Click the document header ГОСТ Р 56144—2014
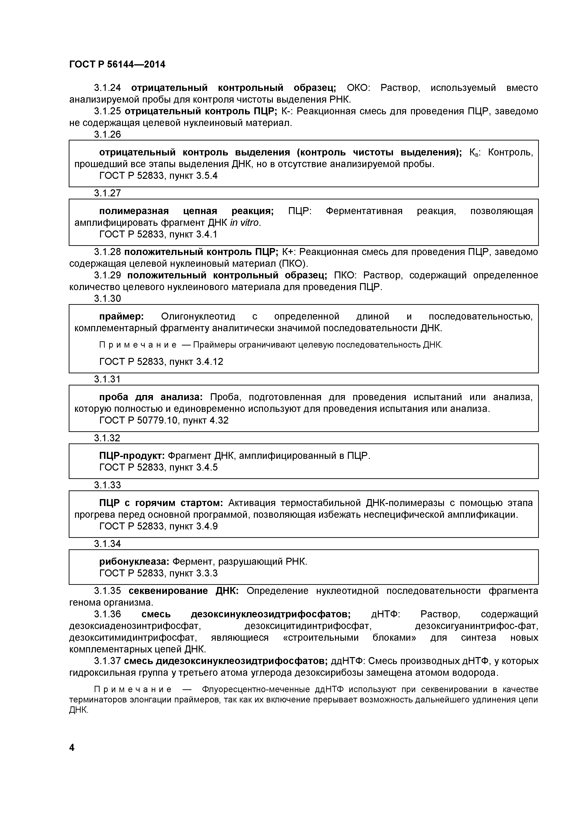coord(117,65)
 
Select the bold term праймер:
coord(121,317)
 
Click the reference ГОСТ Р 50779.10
coord(138,420)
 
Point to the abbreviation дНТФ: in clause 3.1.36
coord(386,614)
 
